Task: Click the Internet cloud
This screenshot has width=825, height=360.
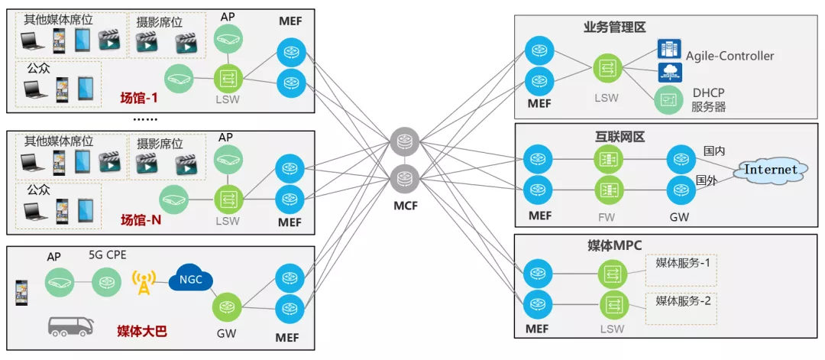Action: click(x=771, y=170)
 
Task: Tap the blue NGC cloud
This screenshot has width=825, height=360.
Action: click(x=190, y=280)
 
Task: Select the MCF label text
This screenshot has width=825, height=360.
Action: click(x=405, y=205)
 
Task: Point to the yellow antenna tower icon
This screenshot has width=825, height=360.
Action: click(x=143, y=282)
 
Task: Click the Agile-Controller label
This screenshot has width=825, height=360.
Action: click(x=730, y=56)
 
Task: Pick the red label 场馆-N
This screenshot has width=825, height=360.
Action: click(x=141, y=220)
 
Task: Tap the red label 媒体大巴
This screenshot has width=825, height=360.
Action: click(x=141, y=331)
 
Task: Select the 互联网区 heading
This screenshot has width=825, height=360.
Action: click(x=620, y=137)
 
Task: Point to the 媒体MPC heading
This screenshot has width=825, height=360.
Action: click(x=618, y=246)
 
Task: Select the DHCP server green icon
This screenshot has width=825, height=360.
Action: click(x=667, y=100)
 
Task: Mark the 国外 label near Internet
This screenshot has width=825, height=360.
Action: click(x=705, y=180)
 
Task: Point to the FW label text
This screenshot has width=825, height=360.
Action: click(x=607, y=217)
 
